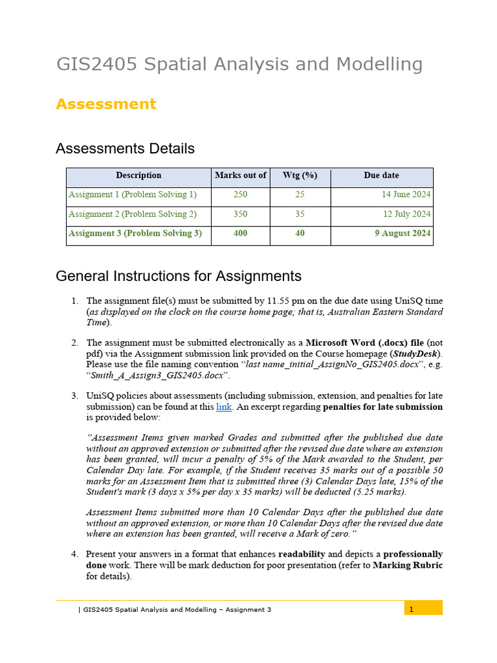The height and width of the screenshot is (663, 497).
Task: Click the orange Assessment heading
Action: tap(105, 104)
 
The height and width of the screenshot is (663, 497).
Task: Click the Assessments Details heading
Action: tap(125, 148)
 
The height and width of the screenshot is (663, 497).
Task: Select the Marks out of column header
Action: tap(240, 175)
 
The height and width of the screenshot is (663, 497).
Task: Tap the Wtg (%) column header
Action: tap(300, 175)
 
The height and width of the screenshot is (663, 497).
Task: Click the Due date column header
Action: tap(381, 175)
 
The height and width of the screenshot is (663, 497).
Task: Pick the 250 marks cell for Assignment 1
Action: tap(240, 194)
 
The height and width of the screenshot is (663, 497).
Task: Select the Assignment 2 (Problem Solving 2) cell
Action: tap(133, 214)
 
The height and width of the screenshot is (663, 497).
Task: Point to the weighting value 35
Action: tap(300, 214)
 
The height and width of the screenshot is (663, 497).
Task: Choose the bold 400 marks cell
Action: tap(240, 234)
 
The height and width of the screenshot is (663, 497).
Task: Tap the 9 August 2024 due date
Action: tap(403, 234)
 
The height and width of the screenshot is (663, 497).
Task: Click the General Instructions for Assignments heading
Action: tap(179, 276)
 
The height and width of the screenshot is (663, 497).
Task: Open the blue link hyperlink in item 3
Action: tap(223, 407)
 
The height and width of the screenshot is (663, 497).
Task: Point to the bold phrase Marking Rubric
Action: tap(408, 565)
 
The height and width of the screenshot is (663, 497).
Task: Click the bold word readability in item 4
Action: tap(304, 554)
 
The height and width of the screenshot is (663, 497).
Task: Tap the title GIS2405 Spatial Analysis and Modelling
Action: tap(239, 65)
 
